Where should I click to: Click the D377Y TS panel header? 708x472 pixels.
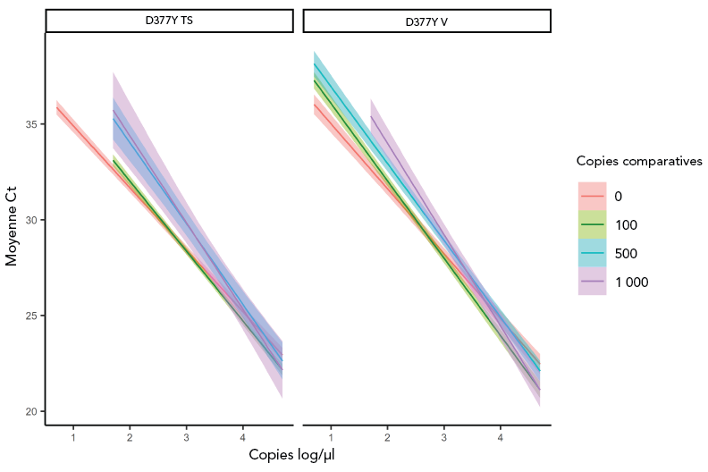click(168, 21)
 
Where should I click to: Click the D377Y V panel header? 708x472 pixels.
click(426, 21)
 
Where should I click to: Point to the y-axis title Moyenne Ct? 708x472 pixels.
click(12, 220)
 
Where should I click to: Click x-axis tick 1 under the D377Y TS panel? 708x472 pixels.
click(72, 437)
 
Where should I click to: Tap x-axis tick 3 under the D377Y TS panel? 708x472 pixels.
click(186, 437)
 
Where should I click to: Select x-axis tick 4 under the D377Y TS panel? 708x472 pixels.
click(242, 437)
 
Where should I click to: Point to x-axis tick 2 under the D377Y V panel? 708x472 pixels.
click(387, 437)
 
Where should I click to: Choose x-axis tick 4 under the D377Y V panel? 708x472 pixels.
click(500, 437)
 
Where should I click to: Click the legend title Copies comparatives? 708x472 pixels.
click(638, 161)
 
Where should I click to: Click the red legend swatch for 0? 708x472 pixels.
click(592, 196)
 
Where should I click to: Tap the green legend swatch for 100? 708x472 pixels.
click(592, 224)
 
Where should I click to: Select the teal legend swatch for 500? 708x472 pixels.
click(592, 253)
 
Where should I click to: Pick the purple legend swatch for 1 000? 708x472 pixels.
click(592, 282)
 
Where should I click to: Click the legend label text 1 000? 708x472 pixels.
click(631, 282)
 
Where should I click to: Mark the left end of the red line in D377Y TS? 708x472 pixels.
click(56, 107)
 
